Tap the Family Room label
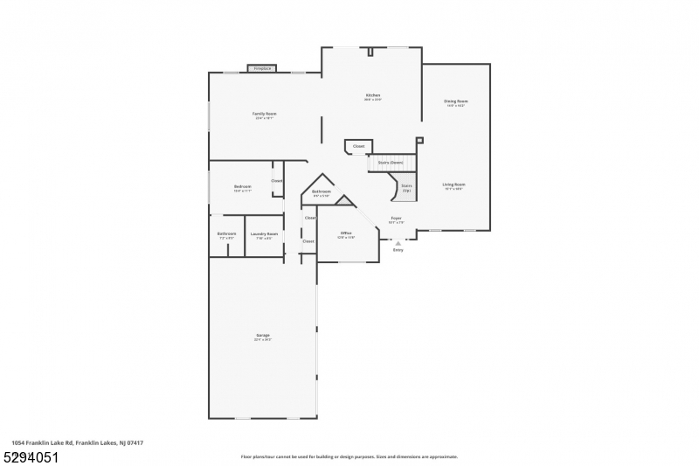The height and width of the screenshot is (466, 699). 265,114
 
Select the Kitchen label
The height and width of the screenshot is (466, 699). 373,94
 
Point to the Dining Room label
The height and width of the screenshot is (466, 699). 455,101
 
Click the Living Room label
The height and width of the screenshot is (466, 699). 453,184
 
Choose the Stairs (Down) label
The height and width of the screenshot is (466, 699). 391,163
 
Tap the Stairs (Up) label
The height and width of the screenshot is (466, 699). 406,186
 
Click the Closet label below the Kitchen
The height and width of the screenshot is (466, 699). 359,146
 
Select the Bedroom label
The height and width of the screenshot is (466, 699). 242,186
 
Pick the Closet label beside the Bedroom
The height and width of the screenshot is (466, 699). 277,181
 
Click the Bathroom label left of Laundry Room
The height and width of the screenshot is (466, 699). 226,233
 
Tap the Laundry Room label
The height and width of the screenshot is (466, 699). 264,233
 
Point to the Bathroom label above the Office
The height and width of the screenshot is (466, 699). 322,191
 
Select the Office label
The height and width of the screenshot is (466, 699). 346,233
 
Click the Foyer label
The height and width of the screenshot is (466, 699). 396,219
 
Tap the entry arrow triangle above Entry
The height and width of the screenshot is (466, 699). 398,243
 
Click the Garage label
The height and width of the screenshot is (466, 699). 262,335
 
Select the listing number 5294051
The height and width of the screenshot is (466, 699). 30,456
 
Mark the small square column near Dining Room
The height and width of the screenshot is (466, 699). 419,140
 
